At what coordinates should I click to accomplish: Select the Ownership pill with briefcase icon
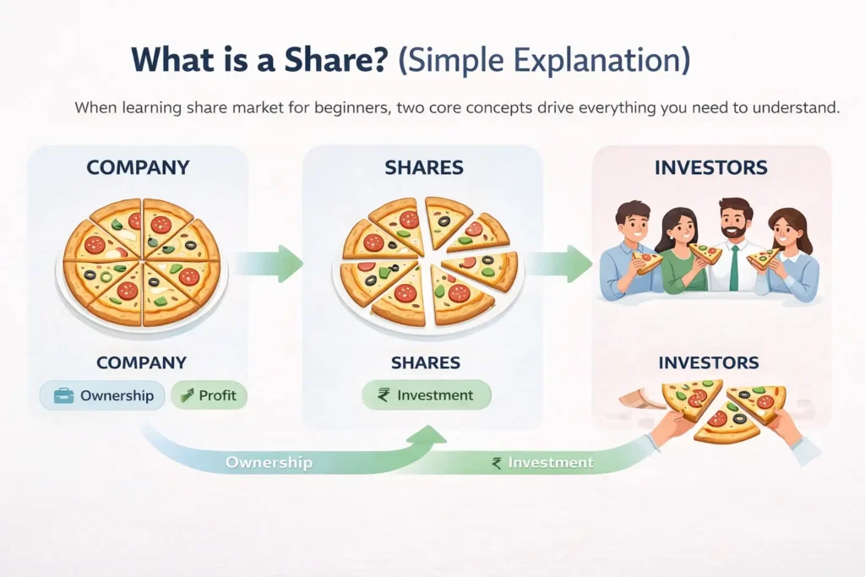pos(101,395)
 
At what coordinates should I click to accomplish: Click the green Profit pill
pos(209,395)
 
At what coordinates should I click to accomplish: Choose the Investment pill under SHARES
pos(427,395)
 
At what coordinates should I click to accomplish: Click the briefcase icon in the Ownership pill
pos(63,395)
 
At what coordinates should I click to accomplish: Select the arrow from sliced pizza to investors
pos(560,264)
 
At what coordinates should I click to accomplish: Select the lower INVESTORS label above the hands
pos(708,363)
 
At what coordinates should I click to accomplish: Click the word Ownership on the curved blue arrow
pos(269,463)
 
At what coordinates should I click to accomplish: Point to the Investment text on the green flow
pos(550,463)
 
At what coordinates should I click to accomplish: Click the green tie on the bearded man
pos(734,269)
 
